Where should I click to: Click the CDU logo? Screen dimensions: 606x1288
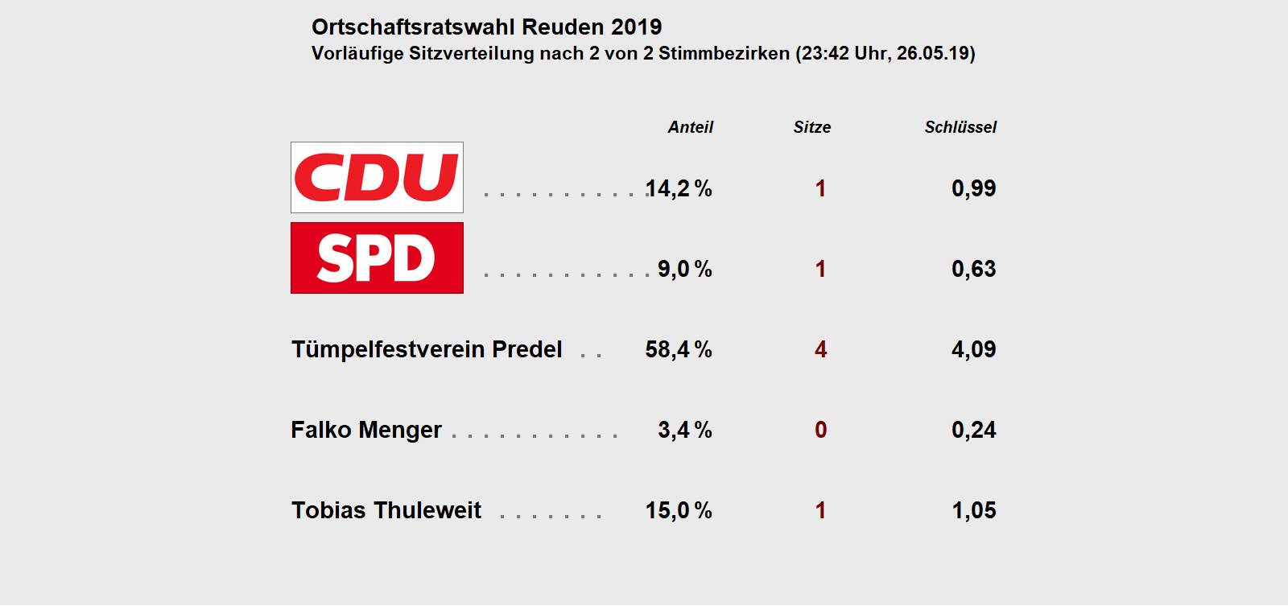[377, 177]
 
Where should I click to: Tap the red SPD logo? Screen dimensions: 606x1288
[377, 258]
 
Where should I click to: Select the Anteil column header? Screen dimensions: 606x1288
[690, 127]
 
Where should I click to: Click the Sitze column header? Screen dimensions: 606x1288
[811, 127]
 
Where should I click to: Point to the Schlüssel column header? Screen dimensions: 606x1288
[960, 127]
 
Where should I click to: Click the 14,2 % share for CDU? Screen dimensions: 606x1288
[679, 188]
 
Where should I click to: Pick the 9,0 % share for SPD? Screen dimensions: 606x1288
[684, 269]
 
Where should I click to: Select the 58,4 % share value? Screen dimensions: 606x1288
[679, 349]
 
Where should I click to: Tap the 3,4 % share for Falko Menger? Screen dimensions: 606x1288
[684, 430]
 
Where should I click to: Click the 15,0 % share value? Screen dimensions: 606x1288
[679, 510]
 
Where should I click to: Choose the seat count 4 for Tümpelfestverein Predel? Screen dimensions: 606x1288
[820, 349]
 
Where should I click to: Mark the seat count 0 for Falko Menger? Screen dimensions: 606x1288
[820, 430]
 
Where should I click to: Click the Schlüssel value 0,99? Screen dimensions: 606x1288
[973, 188]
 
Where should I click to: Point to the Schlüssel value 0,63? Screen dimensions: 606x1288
[973, 269]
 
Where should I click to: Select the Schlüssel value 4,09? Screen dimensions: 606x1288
[973, 349]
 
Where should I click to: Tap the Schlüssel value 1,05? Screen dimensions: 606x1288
[973, 510]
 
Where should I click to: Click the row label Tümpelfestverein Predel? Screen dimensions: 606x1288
[427, 349]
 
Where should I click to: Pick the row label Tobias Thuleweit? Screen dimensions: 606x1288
[386, 510]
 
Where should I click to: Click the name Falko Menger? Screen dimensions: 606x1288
[366, 430]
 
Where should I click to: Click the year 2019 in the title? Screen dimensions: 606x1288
[636, 27]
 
